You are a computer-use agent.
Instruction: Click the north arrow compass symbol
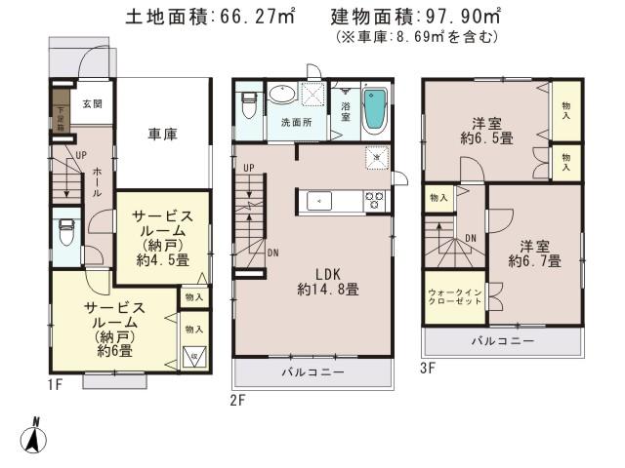[x=34, y=436]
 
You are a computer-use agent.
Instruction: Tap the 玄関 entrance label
[x=92, y=104]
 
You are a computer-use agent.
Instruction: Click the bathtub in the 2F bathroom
[x=376, y=111]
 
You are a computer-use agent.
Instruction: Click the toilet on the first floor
[x=66, y=234]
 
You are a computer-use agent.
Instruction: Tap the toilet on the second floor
[x=248, y=101]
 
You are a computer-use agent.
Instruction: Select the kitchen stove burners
[x=374, y=200]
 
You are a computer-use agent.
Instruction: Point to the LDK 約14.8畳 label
[x=321, y=281]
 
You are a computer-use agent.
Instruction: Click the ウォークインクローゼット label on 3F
[x=453, y=296]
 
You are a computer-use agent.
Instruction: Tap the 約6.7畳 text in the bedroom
[x=534, y=261]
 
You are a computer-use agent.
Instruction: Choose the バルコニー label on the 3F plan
[x=501, y=341]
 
